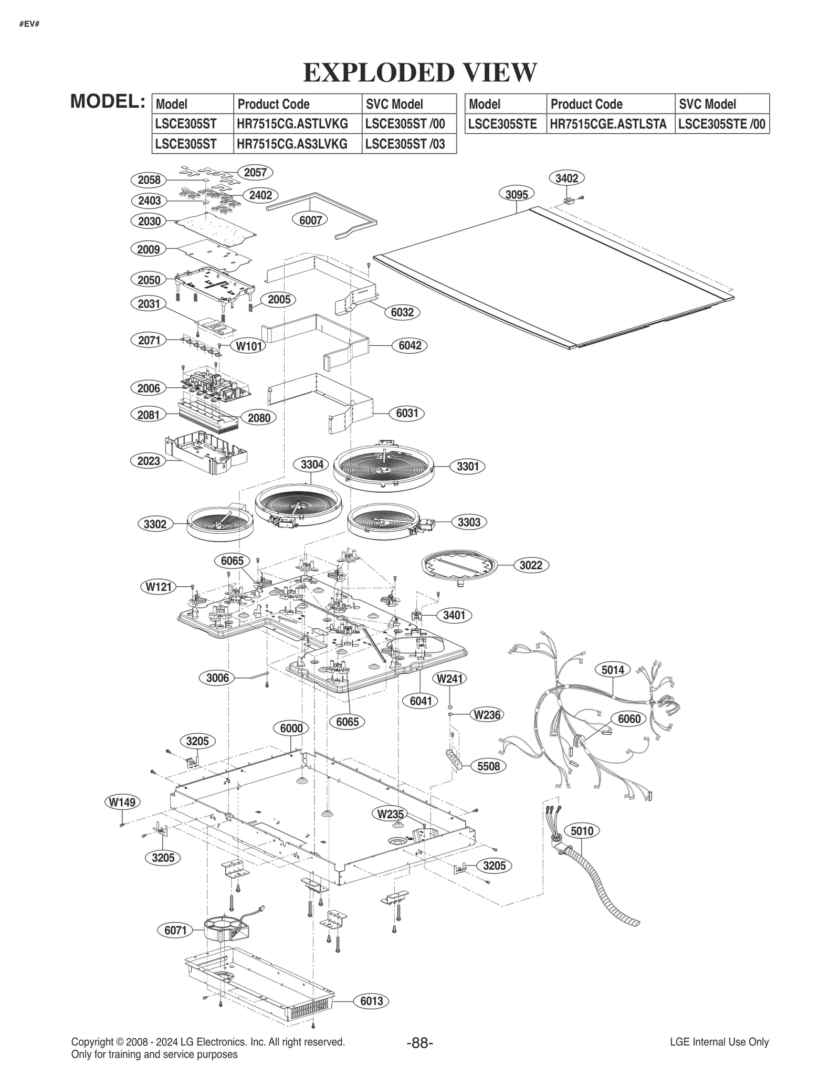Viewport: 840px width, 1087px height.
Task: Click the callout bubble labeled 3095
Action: coord(517,194)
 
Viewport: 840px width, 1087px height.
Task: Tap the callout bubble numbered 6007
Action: coord(310,220)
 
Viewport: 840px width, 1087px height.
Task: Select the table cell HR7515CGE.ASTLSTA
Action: coord(608,124)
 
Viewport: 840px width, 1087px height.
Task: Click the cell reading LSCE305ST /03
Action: coord(405,144)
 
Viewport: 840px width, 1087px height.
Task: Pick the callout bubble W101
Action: coord(248,346)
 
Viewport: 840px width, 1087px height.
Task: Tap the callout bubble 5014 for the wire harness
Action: coord(613,670)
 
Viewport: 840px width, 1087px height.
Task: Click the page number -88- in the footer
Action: coord(419,1042)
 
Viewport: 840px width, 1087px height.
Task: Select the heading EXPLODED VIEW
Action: coord(420,72)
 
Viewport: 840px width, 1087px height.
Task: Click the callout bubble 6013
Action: coord(371,1001)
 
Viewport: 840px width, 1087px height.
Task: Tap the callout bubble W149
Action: coord(122,802)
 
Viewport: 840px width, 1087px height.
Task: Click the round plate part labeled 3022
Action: coord(460,567)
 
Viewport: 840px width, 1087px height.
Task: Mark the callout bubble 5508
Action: coord(488,766)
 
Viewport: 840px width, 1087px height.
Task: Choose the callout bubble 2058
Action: coord(149,180)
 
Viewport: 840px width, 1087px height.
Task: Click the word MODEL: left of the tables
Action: coord(108,101)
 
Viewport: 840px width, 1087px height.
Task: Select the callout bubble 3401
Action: coord(454,615)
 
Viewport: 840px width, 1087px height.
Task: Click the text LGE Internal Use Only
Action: coord(719,1042)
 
